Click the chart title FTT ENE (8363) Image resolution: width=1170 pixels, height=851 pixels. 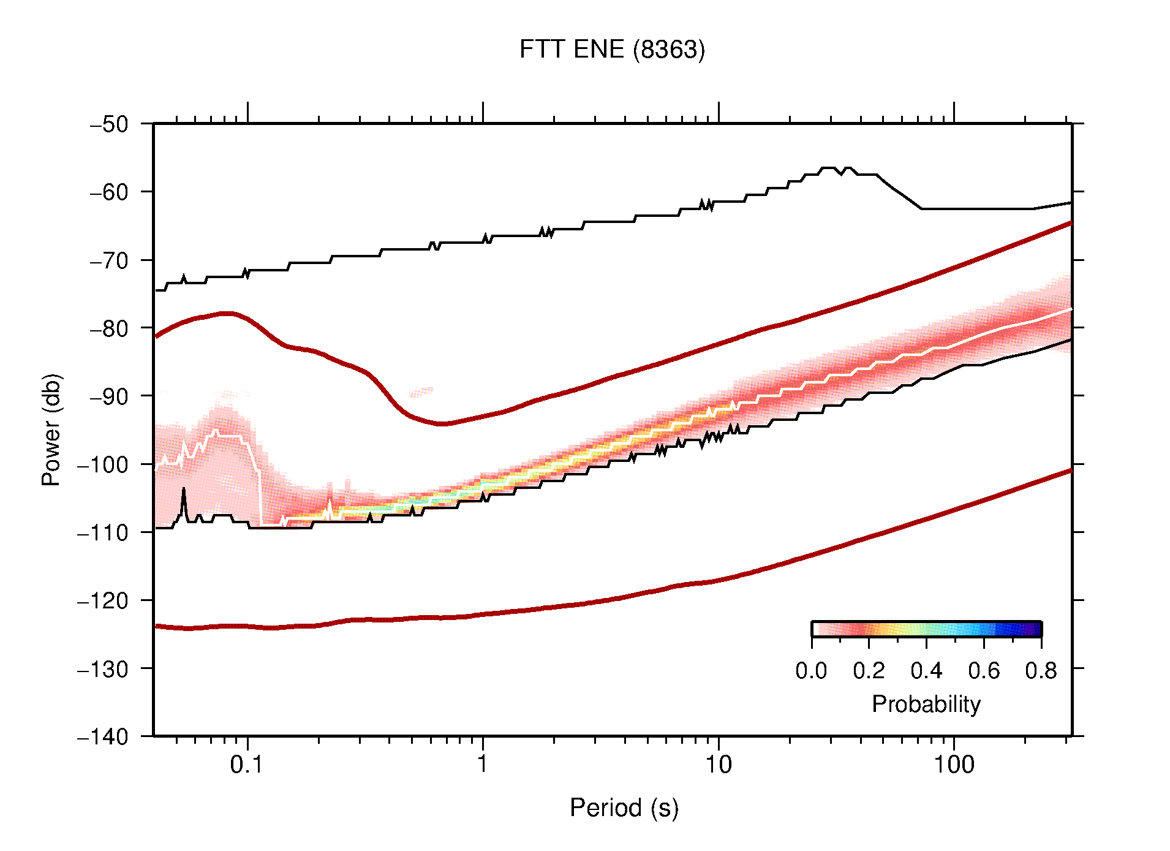[x=612, y=50]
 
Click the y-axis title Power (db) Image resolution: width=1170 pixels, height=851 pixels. [x=51, y=429]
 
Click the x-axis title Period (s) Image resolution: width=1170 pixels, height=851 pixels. [x=624, y=808]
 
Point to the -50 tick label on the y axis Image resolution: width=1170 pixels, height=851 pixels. [x=109, y=124]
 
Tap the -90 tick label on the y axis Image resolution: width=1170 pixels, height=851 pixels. [x=109, y=396]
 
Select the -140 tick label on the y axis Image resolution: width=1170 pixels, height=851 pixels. [x=103, y=736]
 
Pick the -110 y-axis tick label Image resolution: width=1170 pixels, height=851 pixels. [x=103, y=532]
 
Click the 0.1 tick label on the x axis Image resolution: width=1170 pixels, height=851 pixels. [x=247, y=765]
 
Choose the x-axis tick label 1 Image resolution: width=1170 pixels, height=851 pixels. [x=483, y=765]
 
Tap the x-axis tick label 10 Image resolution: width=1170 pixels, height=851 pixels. [x=718, y=765]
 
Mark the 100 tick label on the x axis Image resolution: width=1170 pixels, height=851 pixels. [x=954, y=765]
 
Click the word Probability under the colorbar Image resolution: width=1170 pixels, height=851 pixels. [x=926, y=704]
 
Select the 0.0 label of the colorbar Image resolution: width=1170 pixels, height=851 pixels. [x=811, y=671]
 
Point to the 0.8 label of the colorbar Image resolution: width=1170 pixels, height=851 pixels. [x=1041, y=671]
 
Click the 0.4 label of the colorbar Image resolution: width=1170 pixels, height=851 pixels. [x=926, y=671]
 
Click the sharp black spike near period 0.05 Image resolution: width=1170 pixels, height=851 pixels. [x=184, y=491]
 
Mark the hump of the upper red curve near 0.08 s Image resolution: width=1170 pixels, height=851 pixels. [x=227, y=313]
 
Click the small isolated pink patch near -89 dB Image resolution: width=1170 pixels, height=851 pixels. [x=421, y=390]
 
